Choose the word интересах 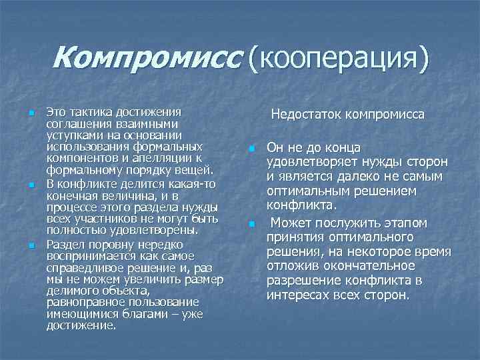(x=296, y=295)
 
